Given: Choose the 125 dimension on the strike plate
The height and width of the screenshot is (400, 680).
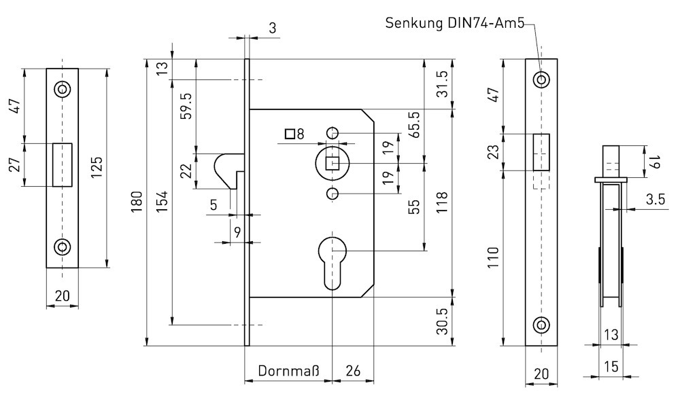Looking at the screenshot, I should [96, 168].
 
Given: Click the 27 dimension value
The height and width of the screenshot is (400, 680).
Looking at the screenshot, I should [14, 164].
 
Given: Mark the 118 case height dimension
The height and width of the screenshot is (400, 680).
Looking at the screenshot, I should [442, 202].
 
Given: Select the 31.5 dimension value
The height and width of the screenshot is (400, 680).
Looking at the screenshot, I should [442, 84].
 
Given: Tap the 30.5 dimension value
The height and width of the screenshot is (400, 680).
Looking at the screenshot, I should [442, 321].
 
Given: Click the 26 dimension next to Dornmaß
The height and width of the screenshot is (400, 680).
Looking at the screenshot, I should [353, 371].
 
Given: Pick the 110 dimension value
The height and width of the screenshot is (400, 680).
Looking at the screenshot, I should [492, 259].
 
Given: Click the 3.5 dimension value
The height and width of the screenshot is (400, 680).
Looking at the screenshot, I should [656, 199].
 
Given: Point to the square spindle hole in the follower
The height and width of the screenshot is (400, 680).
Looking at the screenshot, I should [332, 163].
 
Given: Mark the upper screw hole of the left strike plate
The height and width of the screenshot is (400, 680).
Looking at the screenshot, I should [63, 89].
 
